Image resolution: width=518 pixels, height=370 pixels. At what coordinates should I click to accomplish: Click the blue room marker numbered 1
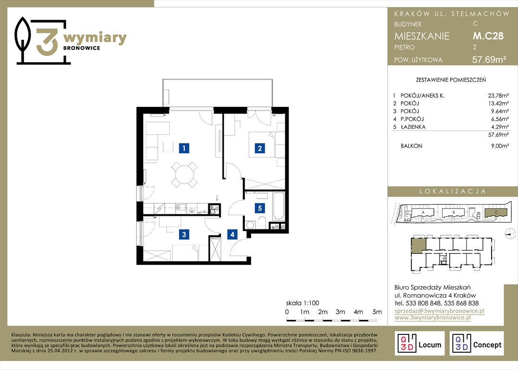(x=184, y=147)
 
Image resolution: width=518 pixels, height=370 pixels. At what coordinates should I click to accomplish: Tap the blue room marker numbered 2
(x=260, y=148)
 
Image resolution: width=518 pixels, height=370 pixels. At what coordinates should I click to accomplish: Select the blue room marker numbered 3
(x=184, y=234)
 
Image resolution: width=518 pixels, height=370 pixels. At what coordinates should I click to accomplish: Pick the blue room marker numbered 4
(x=232, y=234)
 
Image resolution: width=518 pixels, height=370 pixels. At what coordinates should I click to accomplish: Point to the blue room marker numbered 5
(x=260, y=208)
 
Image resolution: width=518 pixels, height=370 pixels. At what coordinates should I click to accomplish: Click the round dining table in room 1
(x=184, y=174)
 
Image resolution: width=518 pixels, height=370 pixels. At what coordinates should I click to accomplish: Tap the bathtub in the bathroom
(x=278, y=206)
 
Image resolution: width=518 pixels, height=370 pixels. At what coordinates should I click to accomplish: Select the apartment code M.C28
(x=488, y=36)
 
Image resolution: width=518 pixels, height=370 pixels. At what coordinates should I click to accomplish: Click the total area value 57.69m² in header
(x=489, y=60)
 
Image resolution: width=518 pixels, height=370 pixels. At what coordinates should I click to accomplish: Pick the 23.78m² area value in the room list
(x=498, y=96)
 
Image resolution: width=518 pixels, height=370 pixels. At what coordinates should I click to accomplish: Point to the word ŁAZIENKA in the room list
(x=413, y=127)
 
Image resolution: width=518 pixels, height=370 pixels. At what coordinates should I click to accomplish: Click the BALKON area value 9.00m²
(x=500, y=145)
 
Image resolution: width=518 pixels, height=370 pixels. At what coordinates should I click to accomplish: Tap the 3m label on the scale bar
(x=340, y=312)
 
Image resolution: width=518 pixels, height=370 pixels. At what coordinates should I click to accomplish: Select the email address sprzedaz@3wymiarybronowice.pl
(x=440, y=311)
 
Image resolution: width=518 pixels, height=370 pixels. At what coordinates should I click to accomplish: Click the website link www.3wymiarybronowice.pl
(x=433, y=317)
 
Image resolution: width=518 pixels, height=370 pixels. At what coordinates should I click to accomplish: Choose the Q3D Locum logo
(x=419, y=343)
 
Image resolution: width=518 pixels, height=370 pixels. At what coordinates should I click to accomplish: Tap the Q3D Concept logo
(x=477, y=343)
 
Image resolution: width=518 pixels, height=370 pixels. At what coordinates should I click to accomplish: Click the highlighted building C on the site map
(x=495, y=212)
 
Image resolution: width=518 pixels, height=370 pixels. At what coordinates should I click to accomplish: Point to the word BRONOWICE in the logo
(x=82, y=48)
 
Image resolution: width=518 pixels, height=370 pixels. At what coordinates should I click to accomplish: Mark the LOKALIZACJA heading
(x=453, y=191)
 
